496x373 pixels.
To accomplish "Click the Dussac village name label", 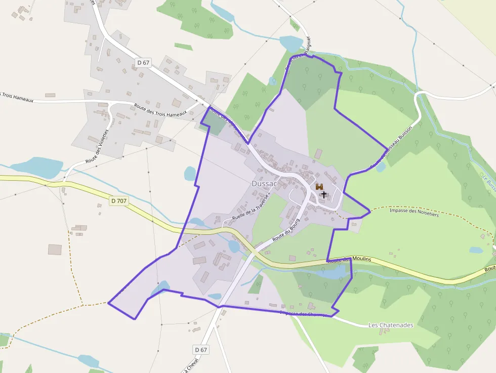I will pos(264,184).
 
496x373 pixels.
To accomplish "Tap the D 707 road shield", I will pos(118,201).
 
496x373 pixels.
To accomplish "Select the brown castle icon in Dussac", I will pos(319,187).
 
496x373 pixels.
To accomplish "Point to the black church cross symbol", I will pos(324,194).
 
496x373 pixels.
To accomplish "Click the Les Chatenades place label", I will pos(391,325).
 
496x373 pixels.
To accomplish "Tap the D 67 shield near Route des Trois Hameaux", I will pos(144,63).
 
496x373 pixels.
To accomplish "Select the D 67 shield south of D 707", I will pos(201,350).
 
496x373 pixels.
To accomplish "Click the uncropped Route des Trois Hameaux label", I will pos(160,110).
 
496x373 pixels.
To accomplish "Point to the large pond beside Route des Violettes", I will pos(36,167).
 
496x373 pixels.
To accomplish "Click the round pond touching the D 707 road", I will pos(233,246).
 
